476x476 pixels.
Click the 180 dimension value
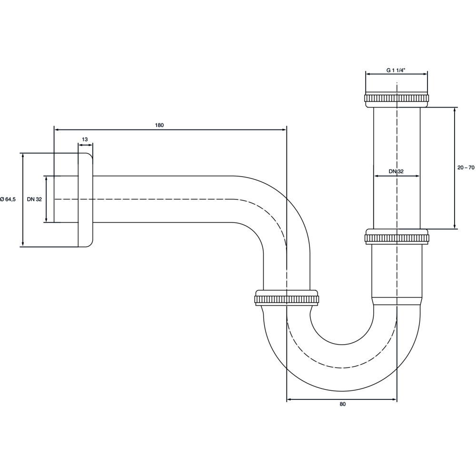pyautogui.click(x=159, y=125)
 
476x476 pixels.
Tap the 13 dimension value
pyautogui.click(x=85, y=139)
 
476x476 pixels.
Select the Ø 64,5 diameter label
pyautogui.click(x=8, y=199)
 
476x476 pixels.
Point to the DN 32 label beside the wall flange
pyautogui.click(x=34, y=199)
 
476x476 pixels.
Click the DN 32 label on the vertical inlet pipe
pyautogui.click(x=396, y=171)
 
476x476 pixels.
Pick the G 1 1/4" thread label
pyautogui.click(x=396, y=70)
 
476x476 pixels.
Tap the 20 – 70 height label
pyautogui.click(x=466, y=167)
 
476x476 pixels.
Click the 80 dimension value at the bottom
pyautogui.click(x=342, y=404)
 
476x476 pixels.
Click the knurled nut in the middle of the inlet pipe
pyautogui.click(x=397, y=237)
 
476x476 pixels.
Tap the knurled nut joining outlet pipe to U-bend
pyautogui.click(x=287, y=298)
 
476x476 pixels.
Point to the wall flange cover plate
pyautogui.click(x=85, y=200)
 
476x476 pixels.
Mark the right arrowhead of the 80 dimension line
pyautogui.click(x=394, y=399)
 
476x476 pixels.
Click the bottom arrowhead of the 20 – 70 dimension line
pyautogui.click(x=455, y=227)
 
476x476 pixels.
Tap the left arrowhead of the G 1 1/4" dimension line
pyautogui.click(x=368, y=73)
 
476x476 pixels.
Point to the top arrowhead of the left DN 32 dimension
pyautogui.click(x=46, y=178)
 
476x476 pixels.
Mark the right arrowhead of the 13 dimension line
pyautogui.click(x=90, y=145)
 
